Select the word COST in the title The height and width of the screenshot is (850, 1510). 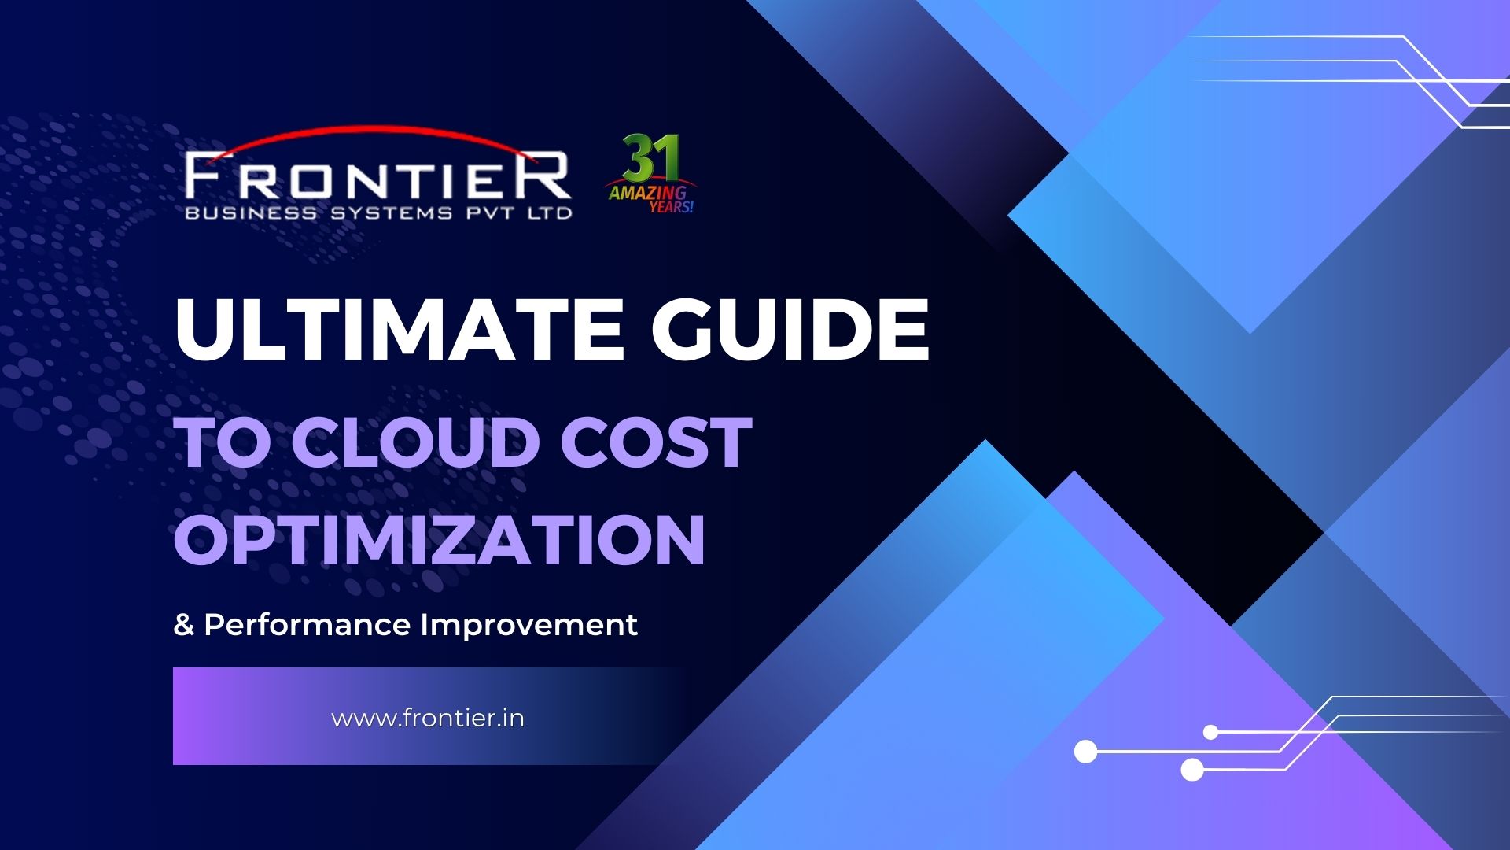(656, 442)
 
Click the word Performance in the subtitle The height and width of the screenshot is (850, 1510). (307, 625)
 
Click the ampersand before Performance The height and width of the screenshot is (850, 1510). (183, 626)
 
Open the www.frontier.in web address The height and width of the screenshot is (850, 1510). (428, 719)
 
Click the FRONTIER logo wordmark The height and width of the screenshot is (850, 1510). (377, 176)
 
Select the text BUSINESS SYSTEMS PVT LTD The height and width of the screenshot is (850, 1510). (378, 213)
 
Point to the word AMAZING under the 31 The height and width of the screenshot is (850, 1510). (647, 192)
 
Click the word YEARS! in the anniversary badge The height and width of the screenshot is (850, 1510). (671, 207)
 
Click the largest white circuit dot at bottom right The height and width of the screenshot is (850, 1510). (1086, 752)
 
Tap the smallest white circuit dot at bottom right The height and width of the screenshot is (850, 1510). (1211, 733)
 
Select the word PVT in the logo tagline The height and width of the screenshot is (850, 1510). (491, 213)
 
